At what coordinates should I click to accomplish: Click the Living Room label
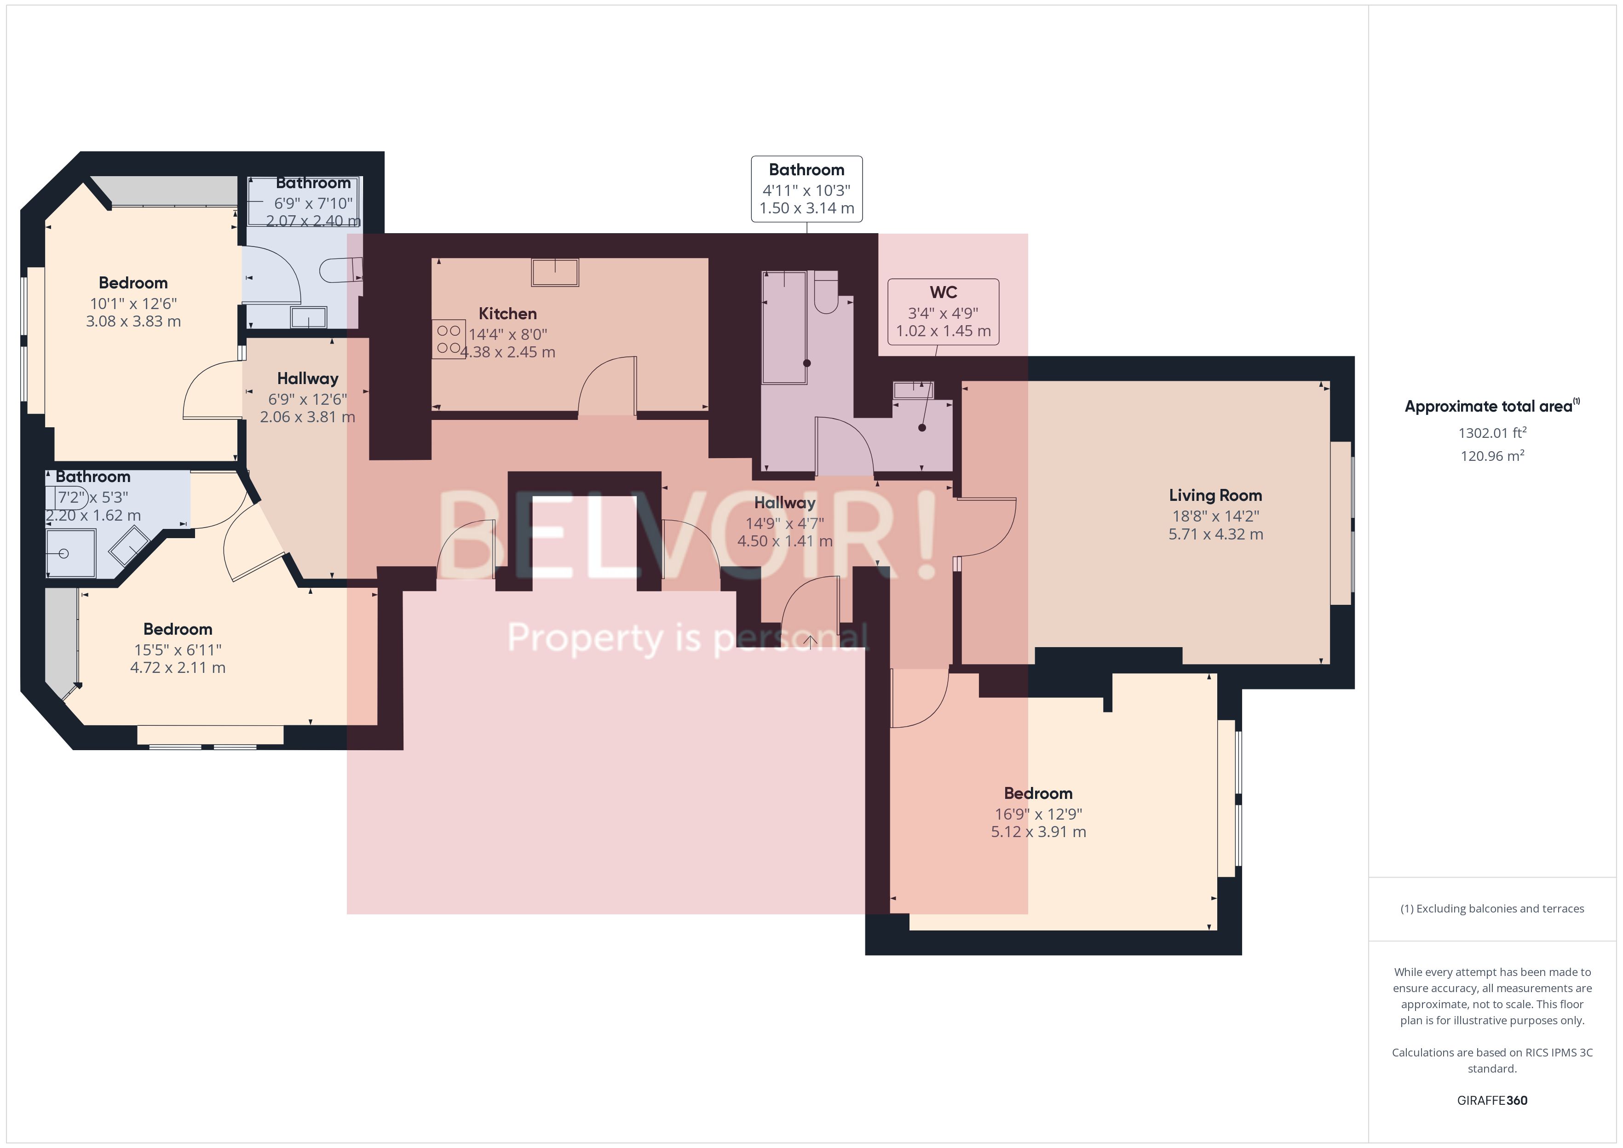pos(1214,495)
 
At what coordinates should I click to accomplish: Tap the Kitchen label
pos(507,314)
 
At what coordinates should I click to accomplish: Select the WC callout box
pos(943,312)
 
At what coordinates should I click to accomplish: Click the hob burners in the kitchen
pos(448,339)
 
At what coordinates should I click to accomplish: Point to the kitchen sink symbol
pos(555,272)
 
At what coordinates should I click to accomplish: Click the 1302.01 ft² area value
pos(1491,433)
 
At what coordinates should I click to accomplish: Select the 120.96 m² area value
pos(1491,456)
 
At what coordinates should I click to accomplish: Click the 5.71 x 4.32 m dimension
pos(1215,534)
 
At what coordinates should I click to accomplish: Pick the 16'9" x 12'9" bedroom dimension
pos(1038,814)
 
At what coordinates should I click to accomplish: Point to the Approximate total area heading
pos(1488,407)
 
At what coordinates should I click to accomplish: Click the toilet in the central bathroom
pos(826,293)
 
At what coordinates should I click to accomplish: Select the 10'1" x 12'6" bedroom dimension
pos(133,303)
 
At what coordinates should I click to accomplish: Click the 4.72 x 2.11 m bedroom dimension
pos(178,668)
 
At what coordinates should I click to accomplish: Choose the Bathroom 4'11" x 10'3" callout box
pos(806,189)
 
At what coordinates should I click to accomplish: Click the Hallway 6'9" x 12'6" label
pos(307,379)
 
